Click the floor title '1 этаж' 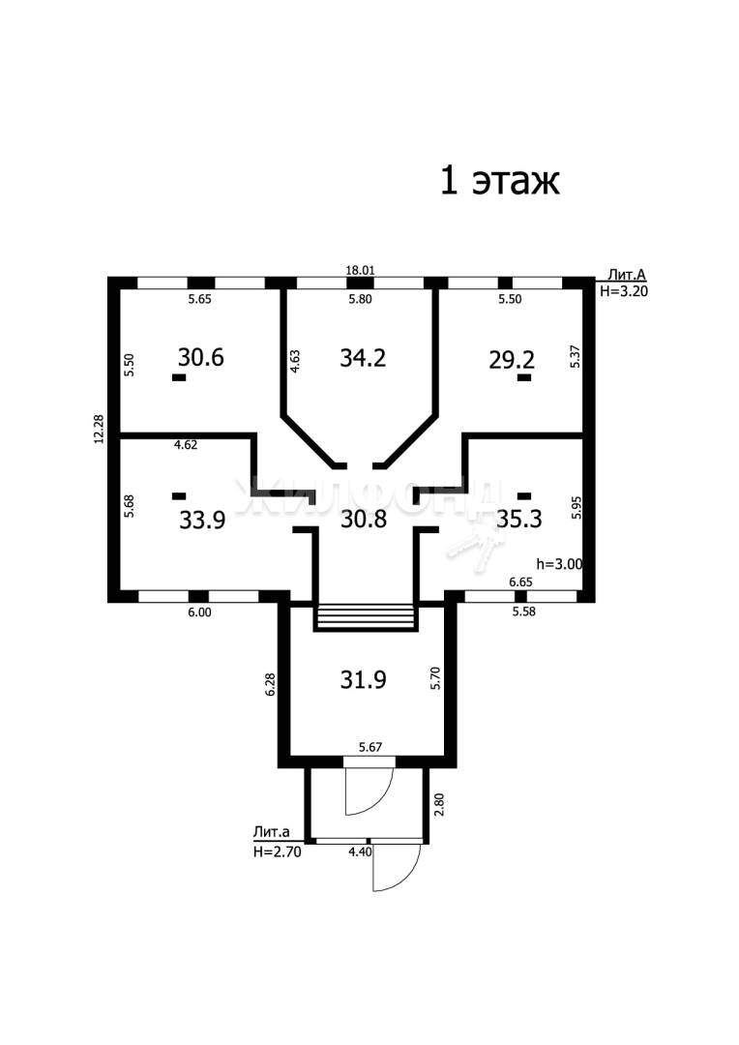point(500,181)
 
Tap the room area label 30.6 point(200,357)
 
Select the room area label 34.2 point(363,358)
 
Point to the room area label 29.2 point(511,360)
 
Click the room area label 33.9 point(202,520)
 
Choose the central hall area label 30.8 point(363,519)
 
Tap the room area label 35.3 point(519,518)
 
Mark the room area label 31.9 point(363,680)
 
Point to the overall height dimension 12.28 point(100,430)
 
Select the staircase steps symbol point(366,616)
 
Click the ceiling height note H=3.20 point(624,291)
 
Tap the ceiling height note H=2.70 point(278,851)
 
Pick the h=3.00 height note point(560,564)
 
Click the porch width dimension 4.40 point(360,851)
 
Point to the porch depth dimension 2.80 point(438,804)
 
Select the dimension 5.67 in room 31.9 point(370,747)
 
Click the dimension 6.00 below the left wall point(199,612)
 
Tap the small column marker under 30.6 point(179,377)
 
